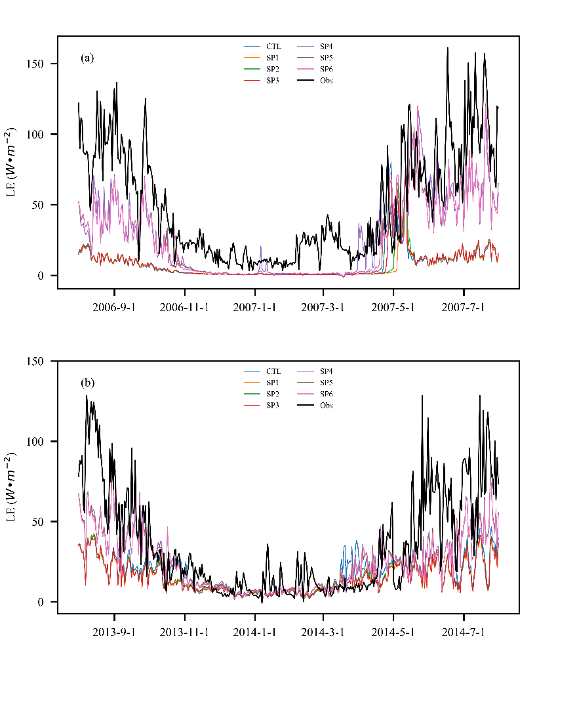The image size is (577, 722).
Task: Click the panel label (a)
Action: pyautogui.click(x=87, y=58)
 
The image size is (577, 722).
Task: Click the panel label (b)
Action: pyautogui.click(x=87, y=382)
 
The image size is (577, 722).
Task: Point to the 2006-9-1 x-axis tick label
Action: pyautogui.click(x=114, y=307)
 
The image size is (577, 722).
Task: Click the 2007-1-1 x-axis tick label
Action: pyautogui.click(x=254, y=307)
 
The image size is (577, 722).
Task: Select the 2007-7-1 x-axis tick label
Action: pyautogui.click(x=464, y=307)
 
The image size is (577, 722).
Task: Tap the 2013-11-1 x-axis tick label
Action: pyautogui.click(x=184, y=633)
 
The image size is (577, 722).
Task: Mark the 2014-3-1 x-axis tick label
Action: pyautogui.click(x=323, y=633)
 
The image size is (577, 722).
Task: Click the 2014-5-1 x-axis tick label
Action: pyautogui.click(x=393, y=633)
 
